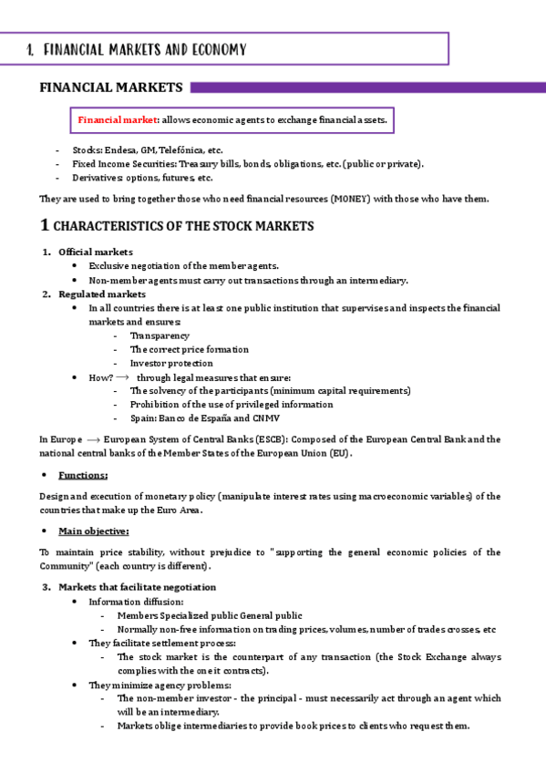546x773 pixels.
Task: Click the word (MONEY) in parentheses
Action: click(347, 199)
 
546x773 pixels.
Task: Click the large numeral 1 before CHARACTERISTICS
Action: click(45, 225)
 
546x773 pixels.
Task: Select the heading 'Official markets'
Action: click(95, 252)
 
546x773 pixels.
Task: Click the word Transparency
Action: click(160, 335)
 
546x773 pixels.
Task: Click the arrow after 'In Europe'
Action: click(91, 438)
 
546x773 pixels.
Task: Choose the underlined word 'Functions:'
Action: click(83, 475)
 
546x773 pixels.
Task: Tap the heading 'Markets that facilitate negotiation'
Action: click(137, 587)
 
